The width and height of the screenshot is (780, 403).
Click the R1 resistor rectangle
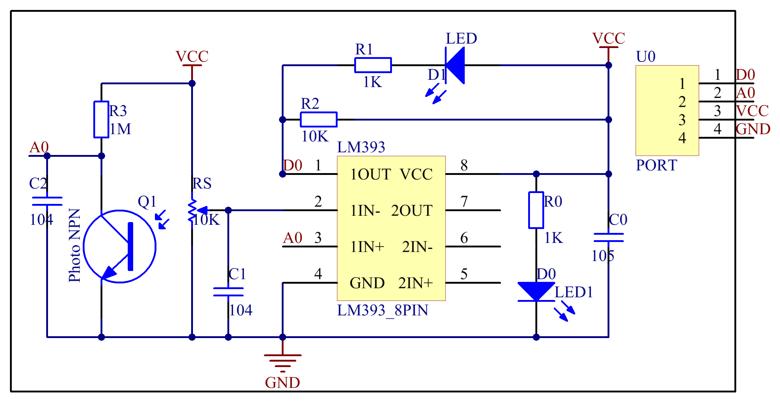tap(373, 65)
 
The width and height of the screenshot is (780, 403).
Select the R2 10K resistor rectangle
tap(319, 119)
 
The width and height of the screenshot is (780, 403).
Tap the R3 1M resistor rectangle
tap(101, 119)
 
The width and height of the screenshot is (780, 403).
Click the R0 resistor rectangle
tap(536, 210)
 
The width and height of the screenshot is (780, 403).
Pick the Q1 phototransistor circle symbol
tap(120, 246)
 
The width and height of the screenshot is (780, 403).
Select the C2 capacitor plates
tap(47, 201)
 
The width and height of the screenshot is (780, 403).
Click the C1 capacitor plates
tap(228, 292)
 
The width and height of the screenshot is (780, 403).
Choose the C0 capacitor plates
tap(608, 237)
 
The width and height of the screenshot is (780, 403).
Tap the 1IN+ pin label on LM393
tap(367, 247)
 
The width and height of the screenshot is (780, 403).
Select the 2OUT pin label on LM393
tap(412, 211)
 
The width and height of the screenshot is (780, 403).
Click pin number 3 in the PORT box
tap(682, 120)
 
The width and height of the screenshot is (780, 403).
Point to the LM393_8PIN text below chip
tap(382, 310)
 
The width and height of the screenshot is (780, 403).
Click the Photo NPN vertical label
tap(75, 245)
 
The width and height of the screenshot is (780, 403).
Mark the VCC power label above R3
tap(192, 56)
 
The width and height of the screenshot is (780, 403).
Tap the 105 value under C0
tap(602, 256)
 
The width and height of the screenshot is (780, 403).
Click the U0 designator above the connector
tap(646, 56)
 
